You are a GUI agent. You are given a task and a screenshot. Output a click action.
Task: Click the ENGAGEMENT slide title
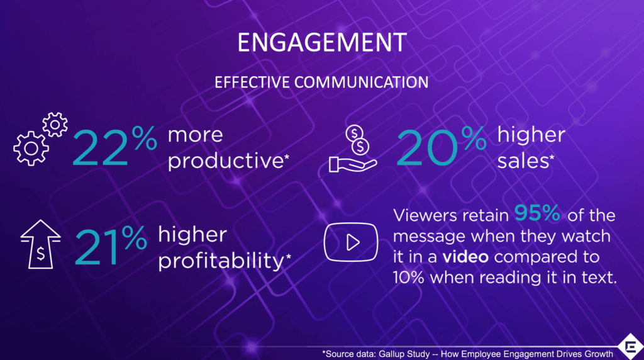click(321, 42)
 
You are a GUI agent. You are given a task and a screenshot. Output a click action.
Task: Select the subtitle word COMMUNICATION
click(368, 82)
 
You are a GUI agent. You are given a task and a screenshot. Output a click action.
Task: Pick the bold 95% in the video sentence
click(538, 215)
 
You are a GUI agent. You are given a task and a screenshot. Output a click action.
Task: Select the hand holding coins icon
click(353, 149)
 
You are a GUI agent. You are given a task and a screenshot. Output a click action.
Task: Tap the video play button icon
click(352, 242)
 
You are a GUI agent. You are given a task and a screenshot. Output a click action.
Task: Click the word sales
click(522, 160)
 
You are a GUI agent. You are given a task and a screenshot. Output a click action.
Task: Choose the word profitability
click(221, 259)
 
